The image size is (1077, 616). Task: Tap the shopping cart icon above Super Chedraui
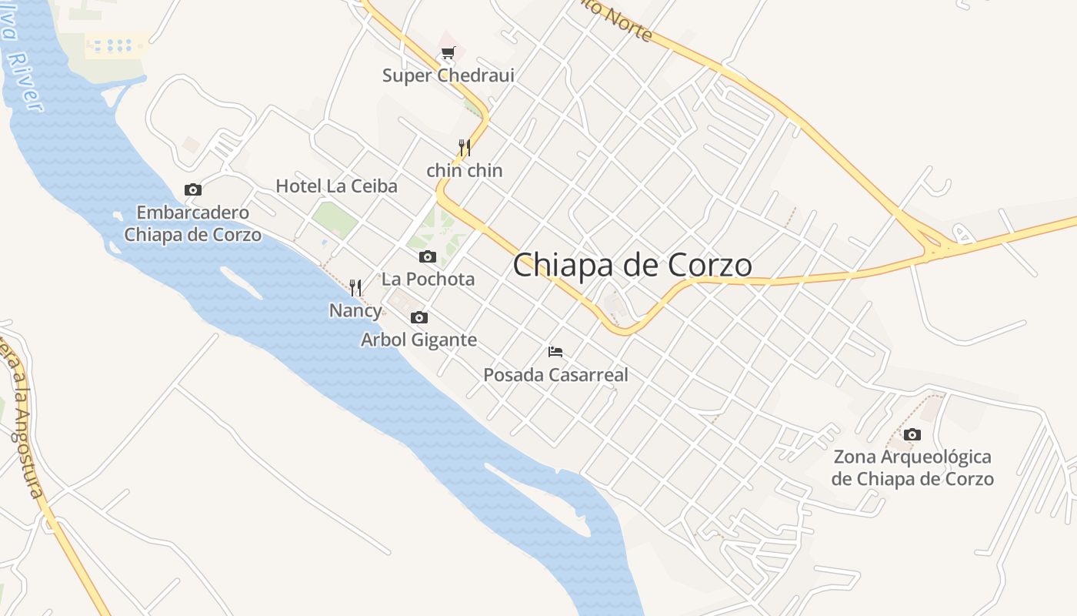[x=448, y=52]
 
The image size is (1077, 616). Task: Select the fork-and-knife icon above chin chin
[x=465, y=147]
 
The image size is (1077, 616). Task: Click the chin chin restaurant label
[x=464, y=170]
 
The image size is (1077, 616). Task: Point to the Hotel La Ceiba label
[x=336, y=186]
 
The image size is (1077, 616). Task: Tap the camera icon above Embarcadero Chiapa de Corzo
[x=193, y=189]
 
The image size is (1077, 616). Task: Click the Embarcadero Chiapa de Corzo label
[x=192, y=223]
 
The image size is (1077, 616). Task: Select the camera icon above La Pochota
[x=428, y=256]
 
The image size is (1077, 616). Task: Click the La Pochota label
[x=428, y=279]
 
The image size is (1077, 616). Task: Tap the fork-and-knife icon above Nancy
[x=355, y=288]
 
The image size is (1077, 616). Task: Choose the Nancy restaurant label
[x=355, y=310]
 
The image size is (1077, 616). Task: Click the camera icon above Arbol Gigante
[x=419, y=317]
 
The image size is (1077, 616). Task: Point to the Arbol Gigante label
[x=419, y=340]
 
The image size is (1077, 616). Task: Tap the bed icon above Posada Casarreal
[x=555, y=352]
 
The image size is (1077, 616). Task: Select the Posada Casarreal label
[x=555, y=375]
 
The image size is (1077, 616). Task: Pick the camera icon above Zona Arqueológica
[x=912, y=434]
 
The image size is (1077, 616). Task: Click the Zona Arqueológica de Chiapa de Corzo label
[x=912, y=467]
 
